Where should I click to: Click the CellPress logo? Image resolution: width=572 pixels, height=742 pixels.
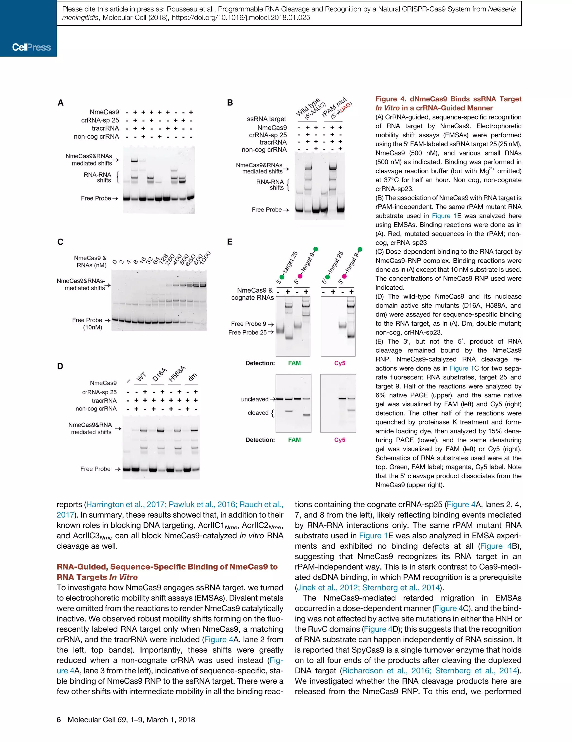pyautogui.click(x=31, y=47)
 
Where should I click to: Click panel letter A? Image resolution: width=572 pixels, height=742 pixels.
pyautogui.click(x=61, y=103)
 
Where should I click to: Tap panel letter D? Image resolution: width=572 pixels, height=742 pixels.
pyautogui.click(x=60, y=366)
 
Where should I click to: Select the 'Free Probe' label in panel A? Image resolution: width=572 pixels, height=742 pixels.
pyautogui.click(x=96, y=198)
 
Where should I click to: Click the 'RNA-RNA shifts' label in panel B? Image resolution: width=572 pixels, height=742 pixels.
pyautogui.click(x=270, y=185)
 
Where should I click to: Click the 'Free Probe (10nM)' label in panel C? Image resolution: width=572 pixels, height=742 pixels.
pyautogui.click(x=87, y=323)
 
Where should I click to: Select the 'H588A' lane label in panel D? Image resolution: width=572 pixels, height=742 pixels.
pyautogui.click(x=177, y=374)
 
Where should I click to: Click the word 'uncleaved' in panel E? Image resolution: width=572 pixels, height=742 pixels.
pyautogui.click(x=255, y=399)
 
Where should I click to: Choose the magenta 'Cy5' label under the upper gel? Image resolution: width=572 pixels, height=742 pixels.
pyautogui.click(x=339, y=363)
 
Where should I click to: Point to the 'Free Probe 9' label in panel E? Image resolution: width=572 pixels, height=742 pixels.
pyautogui.click(x=248, y=324)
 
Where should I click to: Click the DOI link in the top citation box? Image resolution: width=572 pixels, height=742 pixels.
pyautogui.click(x=241, y=18)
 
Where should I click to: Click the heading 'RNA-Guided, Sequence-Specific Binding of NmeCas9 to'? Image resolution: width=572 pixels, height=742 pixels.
pyautogui.click(x=167, y=567)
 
